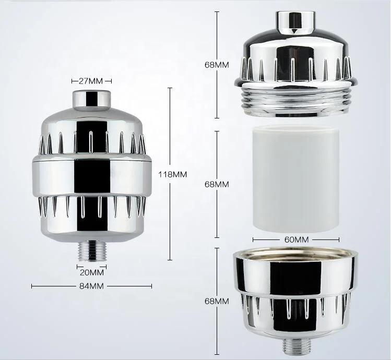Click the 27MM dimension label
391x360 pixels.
(x=91, y=81)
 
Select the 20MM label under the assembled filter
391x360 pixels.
(x=91, y=272)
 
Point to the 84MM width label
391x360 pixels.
(x=91, y=286)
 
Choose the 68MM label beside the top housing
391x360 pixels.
(x=217, y=65)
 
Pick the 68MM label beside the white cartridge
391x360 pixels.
(x=217, y=184)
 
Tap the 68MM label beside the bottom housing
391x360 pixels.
(x=217, y=302)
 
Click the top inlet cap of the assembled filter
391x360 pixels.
(x=91, y=99)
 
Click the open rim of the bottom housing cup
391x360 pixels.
(x=295, y=254)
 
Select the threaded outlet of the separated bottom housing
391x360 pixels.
(x=295, y=345)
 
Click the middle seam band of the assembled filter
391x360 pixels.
(x=91, y=162)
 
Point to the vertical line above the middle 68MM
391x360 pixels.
(x=217, y=151)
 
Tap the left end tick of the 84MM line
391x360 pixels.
(x=32, y=286)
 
